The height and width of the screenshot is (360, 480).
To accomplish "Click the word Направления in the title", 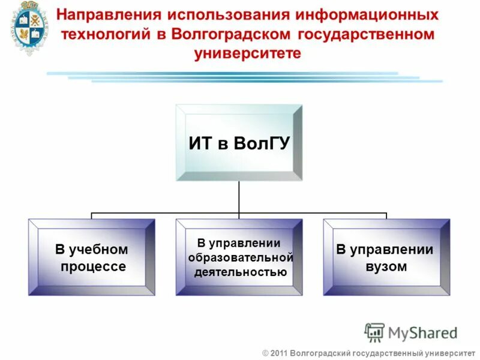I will click(x=112, y=14).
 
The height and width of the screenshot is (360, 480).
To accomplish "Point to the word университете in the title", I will click(x=247, y=53).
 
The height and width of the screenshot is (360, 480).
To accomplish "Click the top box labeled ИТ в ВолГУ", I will click(x=239, y=143).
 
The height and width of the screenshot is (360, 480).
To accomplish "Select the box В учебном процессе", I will click(x=92, y=257).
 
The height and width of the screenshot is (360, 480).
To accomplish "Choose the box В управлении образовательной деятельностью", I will click(x=239, y=257).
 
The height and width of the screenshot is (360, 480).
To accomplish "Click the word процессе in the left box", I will click(x=93, y=266).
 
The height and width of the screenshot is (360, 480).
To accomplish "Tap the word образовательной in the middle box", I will click(x=241, y=257).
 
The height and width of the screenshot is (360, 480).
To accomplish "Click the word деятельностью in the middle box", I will click(x=240, y=272).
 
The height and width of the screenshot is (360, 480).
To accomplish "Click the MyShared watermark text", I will click(x=423, y=332).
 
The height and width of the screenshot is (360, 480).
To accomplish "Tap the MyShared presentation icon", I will click(x=374, y=332).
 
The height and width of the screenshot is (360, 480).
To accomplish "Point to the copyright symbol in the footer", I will click(x=265, y=353).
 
